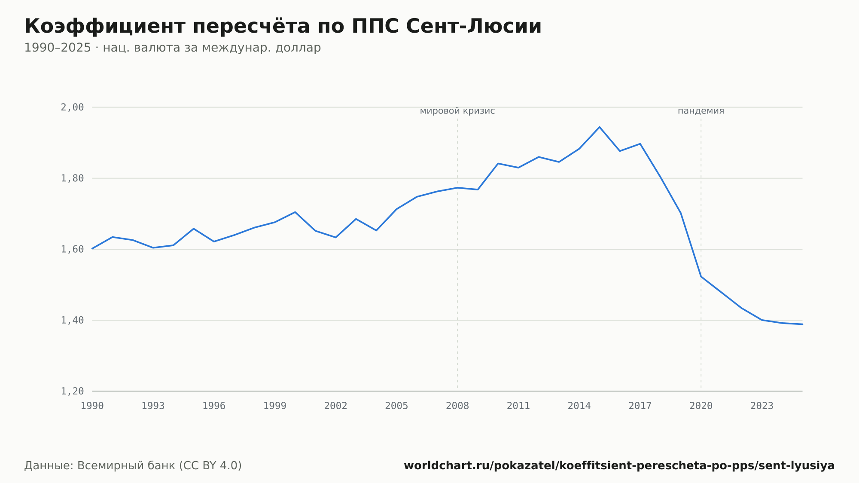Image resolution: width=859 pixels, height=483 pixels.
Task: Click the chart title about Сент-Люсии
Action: pos(283,26)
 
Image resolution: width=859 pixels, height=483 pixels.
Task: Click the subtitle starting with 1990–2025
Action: pos(173,48)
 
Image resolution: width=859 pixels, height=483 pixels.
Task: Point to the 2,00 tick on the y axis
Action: pos(72,107)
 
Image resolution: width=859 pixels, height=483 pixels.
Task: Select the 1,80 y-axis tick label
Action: pos(72,178)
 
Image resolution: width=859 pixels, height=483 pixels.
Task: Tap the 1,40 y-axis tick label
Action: pos(72,320)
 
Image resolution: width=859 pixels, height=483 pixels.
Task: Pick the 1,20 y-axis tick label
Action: pos(72,391)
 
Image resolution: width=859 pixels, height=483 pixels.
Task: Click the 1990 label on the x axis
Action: pos(92,406)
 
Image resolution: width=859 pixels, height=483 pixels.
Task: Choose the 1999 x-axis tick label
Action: pos(275,406)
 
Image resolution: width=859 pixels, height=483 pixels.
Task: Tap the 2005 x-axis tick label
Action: pos(396,406)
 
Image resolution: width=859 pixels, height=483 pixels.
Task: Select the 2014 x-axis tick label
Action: pos(579,406)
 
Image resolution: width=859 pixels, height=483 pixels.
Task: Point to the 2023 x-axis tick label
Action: pos(762,406)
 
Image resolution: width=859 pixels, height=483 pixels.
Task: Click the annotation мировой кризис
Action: pos(457,111)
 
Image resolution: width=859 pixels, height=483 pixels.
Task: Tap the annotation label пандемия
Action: pos(701,111)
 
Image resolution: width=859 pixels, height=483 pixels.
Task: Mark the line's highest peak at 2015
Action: pos(600,127)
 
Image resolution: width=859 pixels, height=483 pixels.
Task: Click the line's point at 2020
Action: pos(701,276)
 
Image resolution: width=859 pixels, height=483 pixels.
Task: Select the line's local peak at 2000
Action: pos(295,212)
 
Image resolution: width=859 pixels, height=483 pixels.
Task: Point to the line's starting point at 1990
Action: pos(92,248)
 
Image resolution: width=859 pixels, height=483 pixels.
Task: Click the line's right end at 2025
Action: pos(802,324)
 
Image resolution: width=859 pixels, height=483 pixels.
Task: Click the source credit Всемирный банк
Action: pos(133,466)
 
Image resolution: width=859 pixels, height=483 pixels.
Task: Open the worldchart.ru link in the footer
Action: pos(619,466)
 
